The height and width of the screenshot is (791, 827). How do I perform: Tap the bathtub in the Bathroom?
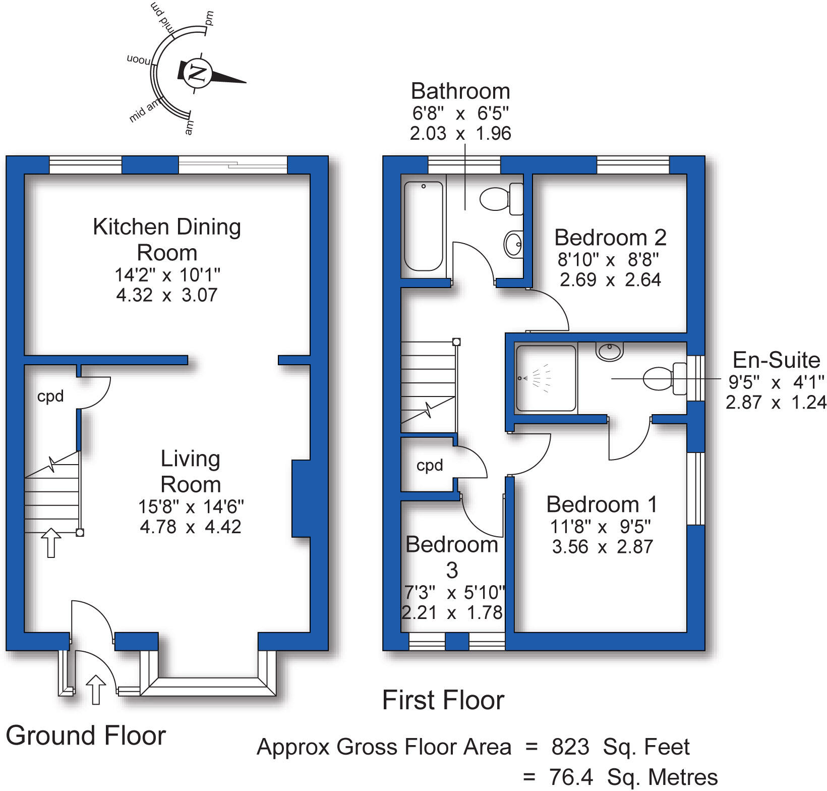click(424, 227)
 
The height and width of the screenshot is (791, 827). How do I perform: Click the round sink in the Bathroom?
click(513, 245)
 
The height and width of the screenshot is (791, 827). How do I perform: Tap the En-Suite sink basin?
click(610, 351)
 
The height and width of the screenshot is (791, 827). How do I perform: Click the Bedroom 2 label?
click(610, 237)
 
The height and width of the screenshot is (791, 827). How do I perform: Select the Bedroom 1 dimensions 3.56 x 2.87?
click(602, 547)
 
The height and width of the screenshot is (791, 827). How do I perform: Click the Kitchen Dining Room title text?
click(167, 239)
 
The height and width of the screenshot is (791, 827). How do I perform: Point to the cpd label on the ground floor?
click(50, 397)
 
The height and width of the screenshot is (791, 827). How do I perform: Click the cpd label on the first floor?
click(430, 465)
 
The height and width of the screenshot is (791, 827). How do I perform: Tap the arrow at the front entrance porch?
click(96, 690)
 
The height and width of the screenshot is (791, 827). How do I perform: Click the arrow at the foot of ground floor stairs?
click(51, 543)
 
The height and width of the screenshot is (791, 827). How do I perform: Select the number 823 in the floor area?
click(570, 747)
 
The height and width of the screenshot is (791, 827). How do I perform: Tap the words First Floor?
click(443, 700)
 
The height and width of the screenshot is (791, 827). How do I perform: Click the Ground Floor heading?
click(86, 736)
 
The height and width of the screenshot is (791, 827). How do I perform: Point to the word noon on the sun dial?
click(138, 60)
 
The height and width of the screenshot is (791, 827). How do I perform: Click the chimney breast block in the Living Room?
click(301, 498)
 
